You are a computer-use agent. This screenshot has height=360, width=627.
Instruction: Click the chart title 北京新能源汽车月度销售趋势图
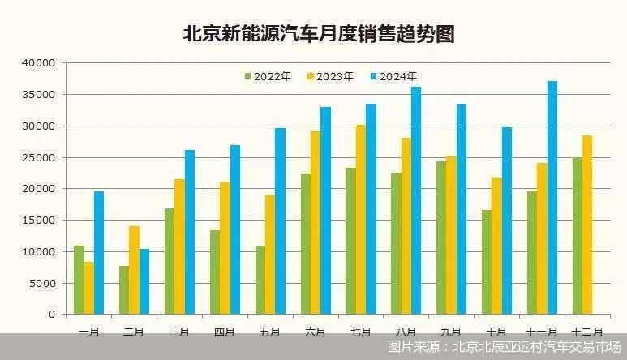tap(317, 34)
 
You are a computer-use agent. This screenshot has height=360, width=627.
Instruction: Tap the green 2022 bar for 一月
tap(79, 280)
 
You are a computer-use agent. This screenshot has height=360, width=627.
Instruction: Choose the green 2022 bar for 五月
tap(260, 280)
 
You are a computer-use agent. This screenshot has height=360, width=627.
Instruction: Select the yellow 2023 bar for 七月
tap(360, 219)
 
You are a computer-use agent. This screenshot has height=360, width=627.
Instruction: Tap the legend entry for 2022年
tap(268, 76)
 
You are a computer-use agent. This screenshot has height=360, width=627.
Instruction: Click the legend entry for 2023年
tap(330, 76)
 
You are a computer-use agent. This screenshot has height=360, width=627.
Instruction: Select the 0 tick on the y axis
tap(50, 314)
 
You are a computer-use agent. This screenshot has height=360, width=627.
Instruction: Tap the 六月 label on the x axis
tap(316, 332)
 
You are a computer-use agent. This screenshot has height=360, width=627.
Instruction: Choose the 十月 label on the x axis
tap(496, 332)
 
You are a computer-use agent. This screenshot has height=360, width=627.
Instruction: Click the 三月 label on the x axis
tap(179, 332)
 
